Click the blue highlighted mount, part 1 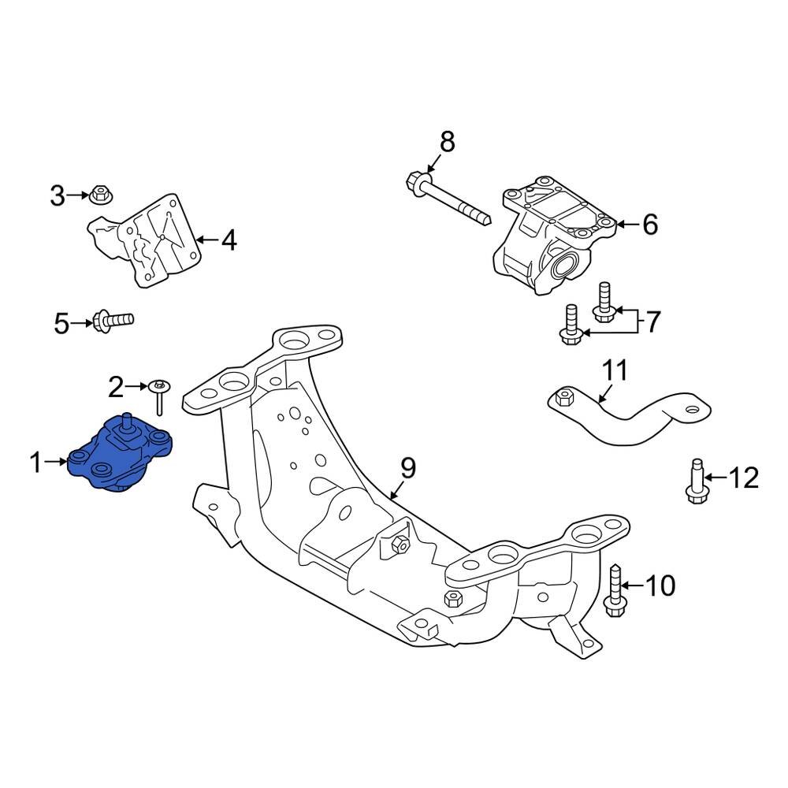pyautogui.click(x=118, y=457)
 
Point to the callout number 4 pyautogui.click(x=229, y=240)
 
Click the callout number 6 pyautogui.click(x=649, y=225)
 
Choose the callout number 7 pyautogui.click(x=654, y=322)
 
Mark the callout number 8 pyautogui.click(x=447, y=142)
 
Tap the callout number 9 pyautogui.click(x=407, y=469)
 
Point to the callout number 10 pyautogui.click(x=660, y=585)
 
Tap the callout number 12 pyautogui.click(x=742, y=478)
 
